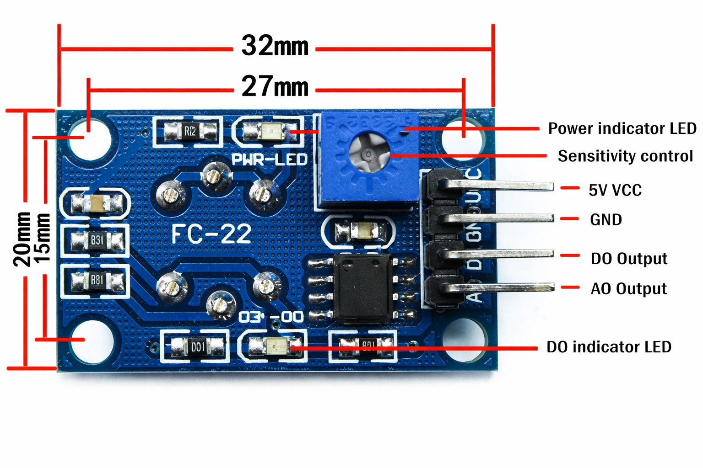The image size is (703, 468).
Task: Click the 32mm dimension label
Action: pos(275,46)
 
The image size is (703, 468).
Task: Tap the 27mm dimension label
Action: pos(275,86)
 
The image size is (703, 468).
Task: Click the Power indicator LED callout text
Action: pos(622,129)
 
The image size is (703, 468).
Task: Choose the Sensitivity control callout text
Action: pos(625,156)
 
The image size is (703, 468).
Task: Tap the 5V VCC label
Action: pos(615,190)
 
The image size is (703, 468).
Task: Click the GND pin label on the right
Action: pos(606,220)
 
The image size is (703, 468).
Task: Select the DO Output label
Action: pos(629,259)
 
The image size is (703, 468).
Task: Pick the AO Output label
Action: pos(628,289)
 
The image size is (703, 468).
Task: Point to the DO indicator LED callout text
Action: pos(609,347)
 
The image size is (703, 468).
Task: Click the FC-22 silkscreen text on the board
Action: pos(211,234)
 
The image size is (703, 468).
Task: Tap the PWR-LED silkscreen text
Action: pos(269,160)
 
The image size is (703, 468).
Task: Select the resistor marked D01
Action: pos(198,347)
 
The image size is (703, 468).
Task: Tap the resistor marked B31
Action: pos(97,240)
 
